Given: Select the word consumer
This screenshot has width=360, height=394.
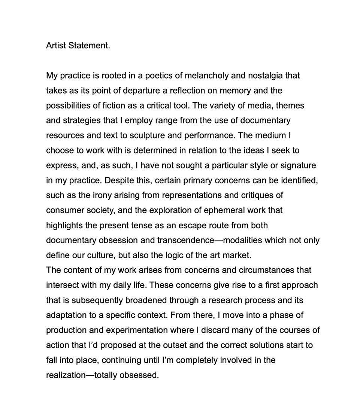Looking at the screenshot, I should click(x=61, y=210).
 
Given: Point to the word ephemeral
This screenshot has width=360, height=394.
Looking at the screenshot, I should click(x=224, y=210).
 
